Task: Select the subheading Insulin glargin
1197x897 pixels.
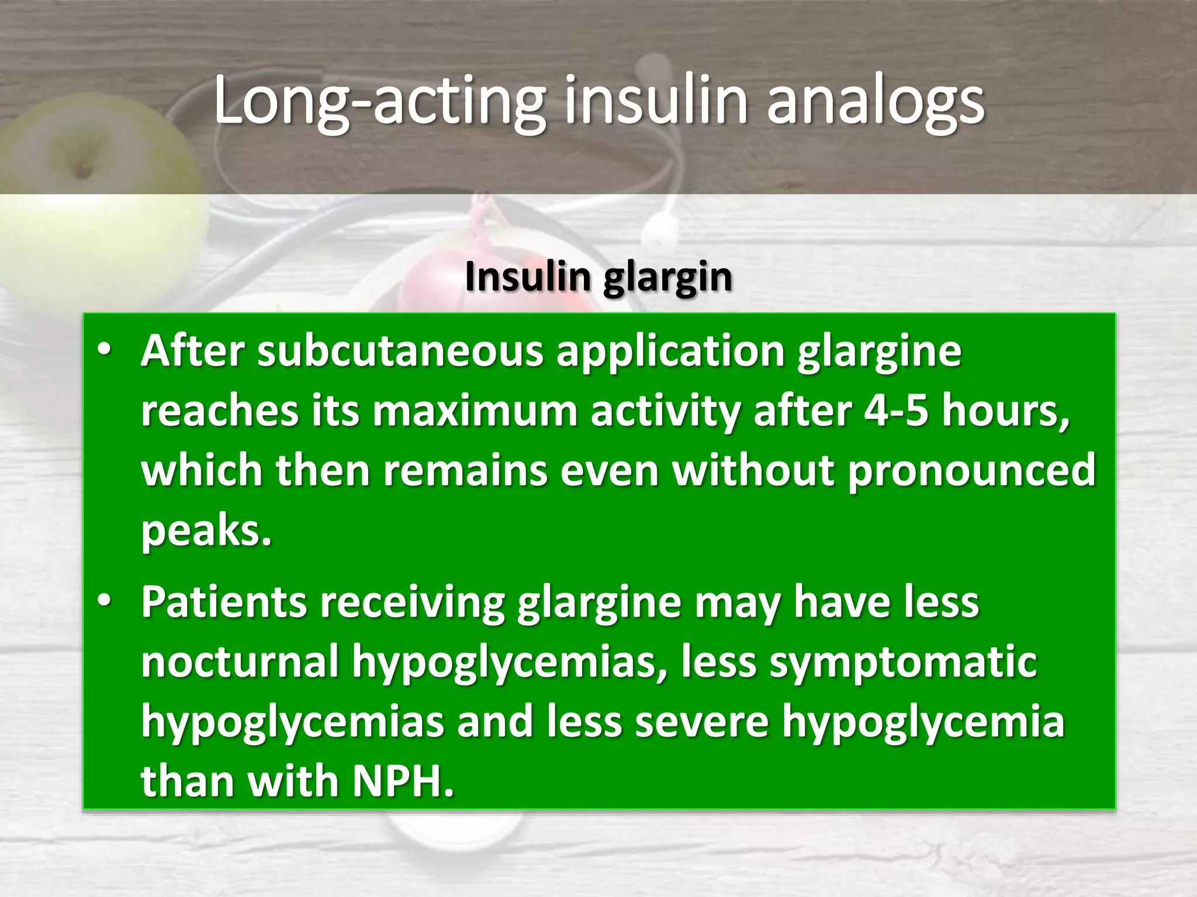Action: pos(598,277)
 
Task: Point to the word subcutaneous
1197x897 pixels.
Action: pos(400,352)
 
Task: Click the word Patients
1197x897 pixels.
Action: pos(224,602)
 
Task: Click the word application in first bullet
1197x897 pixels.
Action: pos(670,352)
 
